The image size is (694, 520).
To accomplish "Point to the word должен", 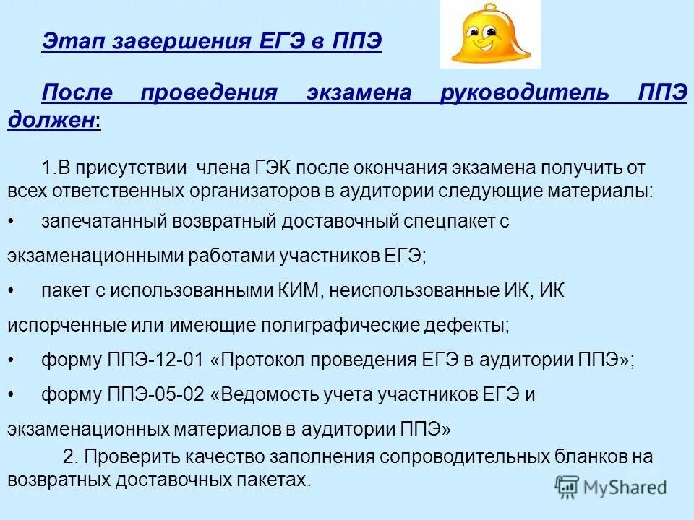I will click(51, 120).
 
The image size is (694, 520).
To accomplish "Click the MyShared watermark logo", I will click(611, 486).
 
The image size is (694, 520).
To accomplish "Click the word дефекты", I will click(473, 326).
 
